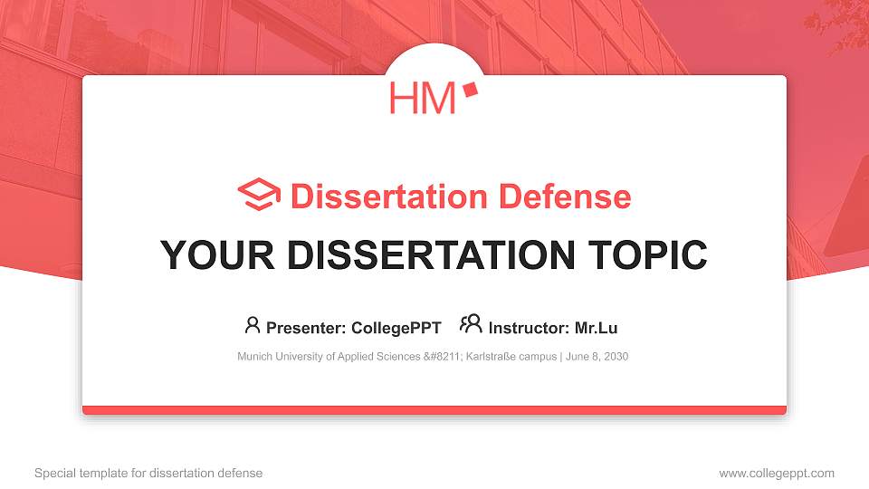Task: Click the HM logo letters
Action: [422, 98]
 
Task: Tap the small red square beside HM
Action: [469, 89]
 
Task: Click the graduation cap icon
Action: [259, 196]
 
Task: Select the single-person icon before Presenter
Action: [252, 325]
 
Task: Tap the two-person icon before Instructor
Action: [471, 325]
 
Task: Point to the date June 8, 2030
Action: [597, 357]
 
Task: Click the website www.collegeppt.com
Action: [776, 473]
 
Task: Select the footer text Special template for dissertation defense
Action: [148, 473]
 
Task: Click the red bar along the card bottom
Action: [434, 410]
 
